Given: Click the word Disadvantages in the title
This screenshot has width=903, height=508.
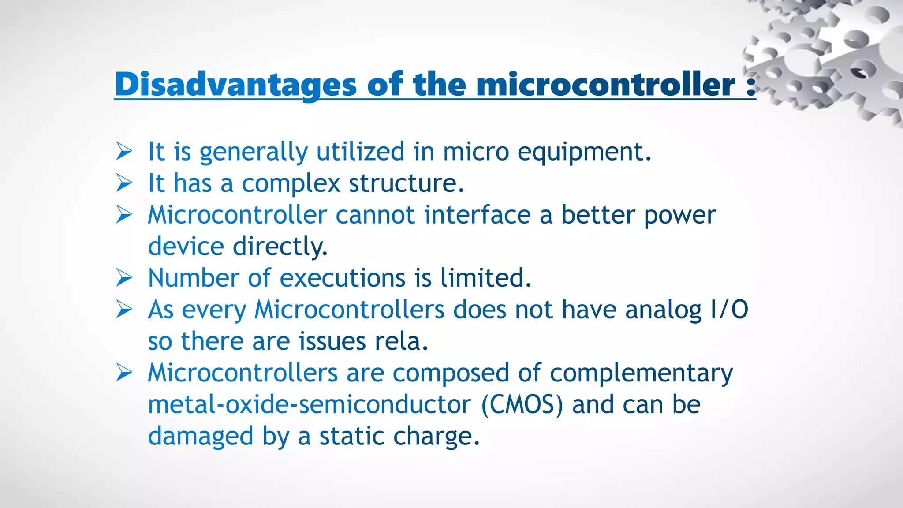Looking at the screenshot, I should [x=235, y=84].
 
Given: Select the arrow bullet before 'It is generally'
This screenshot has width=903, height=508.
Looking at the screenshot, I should [x=124, y=151].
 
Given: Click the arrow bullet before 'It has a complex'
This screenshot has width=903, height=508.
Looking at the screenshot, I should [x=124, y=183].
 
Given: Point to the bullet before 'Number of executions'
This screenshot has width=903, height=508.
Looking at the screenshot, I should [x=124, y=278].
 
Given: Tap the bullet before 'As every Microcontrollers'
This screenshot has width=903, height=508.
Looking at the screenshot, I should [x=124, y=310].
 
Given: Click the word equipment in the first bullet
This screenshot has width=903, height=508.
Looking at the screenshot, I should [x=584, y=152].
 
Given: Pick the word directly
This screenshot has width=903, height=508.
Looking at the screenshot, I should [x=280, y=247].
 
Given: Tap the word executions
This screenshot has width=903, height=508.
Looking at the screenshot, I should [x=343, y=278].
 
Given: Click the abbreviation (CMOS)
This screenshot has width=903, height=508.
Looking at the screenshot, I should [x=522, y=405].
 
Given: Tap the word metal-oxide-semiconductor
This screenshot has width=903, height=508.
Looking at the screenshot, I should [x=309, y=405].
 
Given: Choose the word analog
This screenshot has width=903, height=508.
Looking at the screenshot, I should [x=663, y=310].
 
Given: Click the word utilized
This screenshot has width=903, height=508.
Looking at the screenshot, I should [x=360, y=152].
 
